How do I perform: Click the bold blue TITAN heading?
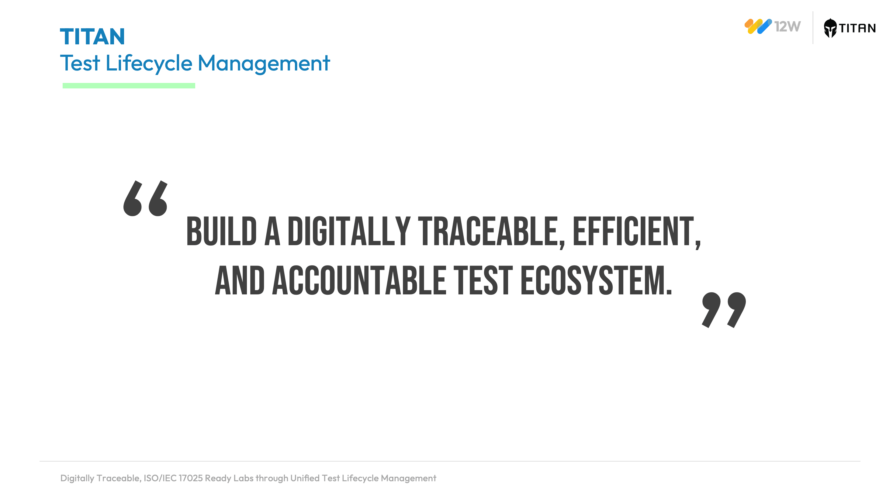tap(92, 37)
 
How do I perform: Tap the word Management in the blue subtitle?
tap(264, 63)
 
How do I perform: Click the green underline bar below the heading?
tap(129, 86)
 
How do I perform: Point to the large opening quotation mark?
tap(146, 198)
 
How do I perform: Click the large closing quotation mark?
tap(724, 310)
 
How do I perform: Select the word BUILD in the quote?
tap(222, 232)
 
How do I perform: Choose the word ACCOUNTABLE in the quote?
tap(359, 280)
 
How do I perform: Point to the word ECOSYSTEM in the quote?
tap(596, 280)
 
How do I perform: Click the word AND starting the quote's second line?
tap(240, 280)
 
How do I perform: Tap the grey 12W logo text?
tap(787, 26)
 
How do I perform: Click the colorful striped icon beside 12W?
tap(758, 26)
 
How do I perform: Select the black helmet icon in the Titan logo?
tap(830, 28)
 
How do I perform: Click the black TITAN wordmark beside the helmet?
tap(857, 28)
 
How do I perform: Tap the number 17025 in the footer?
tap(191, 478)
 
